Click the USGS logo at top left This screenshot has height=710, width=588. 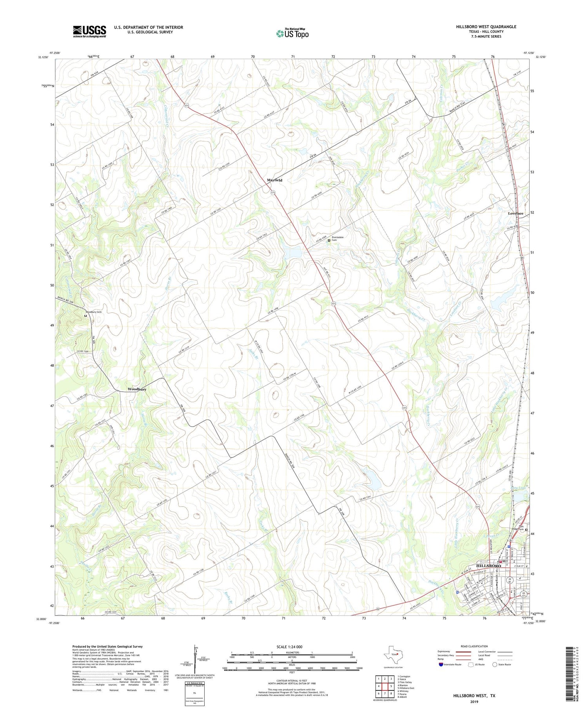pos(89,31)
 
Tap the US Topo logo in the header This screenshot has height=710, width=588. pos(292,33)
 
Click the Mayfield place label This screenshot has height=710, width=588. pos(274,180)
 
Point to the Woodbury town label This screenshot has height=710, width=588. pos(137,389)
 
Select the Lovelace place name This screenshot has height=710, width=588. pos(515,213)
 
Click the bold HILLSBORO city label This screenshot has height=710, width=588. pos(488,566)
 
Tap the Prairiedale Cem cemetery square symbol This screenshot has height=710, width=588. pos(329,240)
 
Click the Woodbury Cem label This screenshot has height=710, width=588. pos(94,312)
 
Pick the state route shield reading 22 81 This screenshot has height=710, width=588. pos(510,579)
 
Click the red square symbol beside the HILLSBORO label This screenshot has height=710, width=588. pos(504,561)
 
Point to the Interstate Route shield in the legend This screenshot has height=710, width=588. pos(441,665)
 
